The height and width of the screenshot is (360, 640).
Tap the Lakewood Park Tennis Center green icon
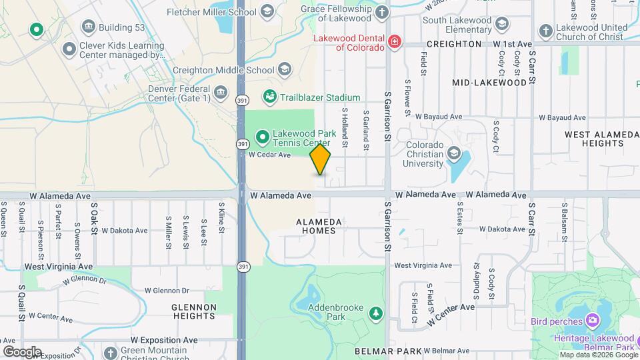(x=263, y=137)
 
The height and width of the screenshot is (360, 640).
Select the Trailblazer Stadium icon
(x=270, y=97)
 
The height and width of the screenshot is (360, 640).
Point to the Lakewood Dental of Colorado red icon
(x=395, y=42)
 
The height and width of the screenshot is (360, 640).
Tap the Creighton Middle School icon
(x=285, y=69)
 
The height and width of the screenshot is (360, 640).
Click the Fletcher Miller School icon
(x=267, y=11)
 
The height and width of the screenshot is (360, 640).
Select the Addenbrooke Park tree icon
(x=377, y=312)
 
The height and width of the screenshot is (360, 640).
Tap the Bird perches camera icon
(x=591, y=321)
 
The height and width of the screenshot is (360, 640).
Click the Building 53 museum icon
(x=88, y=27)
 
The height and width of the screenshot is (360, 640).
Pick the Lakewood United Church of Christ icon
(x=545, y=31)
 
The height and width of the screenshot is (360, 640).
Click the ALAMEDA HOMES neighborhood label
(x=319, y=226)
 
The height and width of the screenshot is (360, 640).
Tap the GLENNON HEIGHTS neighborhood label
(x=194, y=312)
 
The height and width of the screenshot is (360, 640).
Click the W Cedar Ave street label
(x=270, y=155)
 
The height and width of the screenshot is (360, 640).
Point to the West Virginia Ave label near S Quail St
(x=59, y=266)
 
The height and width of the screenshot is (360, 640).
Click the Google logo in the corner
(x=22, y=351)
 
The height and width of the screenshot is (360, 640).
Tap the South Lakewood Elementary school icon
(x=501, y=24)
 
